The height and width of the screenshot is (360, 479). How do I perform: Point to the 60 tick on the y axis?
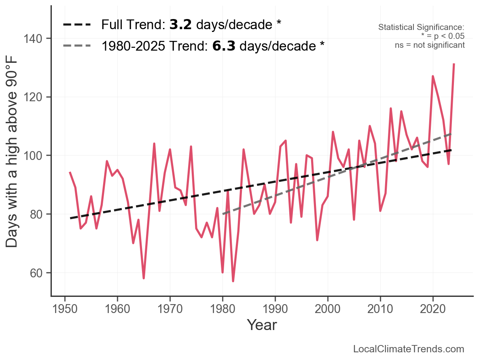point(39,273)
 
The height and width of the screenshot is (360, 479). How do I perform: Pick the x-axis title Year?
point(262,325)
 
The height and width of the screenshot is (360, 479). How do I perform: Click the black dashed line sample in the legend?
point(77,25)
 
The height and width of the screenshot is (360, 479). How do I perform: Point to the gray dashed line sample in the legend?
point(77,46)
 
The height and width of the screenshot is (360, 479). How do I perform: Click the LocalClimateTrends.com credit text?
point(409,349)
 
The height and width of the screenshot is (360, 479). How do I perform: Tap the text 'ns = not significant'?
point(430,45)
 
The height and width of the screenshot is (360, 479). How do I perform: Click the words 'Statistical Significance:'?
point(421,28)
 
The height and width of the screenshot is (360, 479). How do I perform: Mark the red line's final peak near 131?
point(454,64)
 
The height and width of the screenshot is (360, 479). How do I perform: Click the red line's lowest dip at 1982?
point(233,281)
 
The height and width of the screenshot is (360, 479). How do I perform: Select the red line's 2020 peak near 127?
point(433,76)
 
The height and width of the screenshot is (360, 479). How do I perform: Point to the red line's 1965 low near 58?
point(144,278)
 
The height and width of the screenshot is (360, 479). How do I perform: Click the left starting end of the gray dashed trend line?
point(223,214)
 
